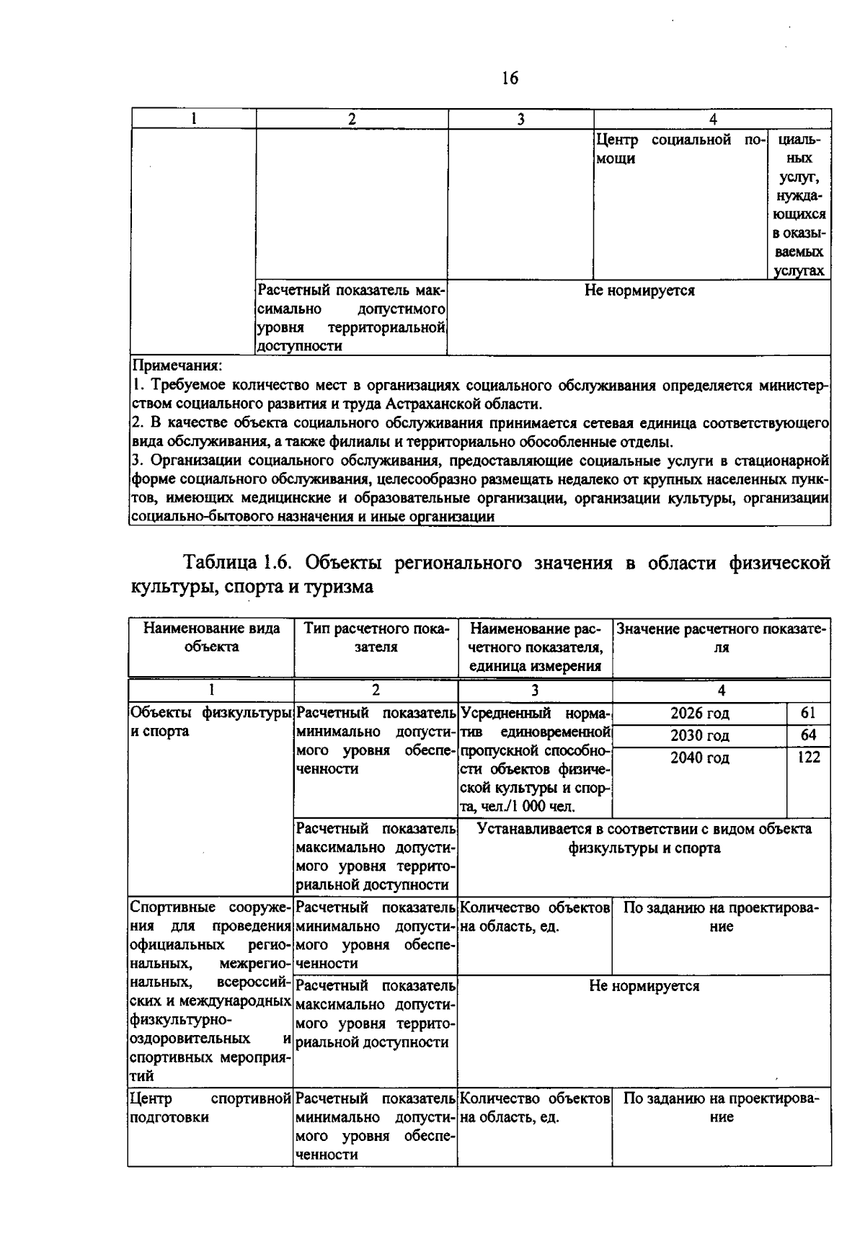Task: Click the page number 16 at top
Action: click(x=509, y=79)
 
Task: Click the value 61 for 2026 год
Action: click(x=808, y=713)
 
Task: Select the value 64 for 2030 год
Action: click(x=808, y=735)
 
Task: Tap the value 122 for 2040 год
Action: click(x=808, y=758)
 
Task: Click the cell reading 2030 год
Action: click(x=699, y=736)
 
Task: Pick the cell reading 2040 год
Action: click(x=699, y=758)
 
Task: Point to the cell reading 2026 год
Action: click(x=699, y=714)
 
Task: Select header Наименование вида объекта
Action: click(x=211, y=637)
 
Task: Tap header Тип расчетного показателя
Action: click(x=376, y=637)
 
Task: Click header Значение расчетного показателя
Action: click(x=721, y=637)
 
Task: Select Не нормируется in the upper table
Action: click(x=639, y=291)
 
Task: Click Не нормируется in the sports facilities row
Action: click(x=644, y=986)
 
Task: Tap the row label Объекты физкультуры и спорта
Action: click(x=210, y=721)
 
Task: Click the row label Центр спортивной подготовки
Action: click(x=210, y=1108)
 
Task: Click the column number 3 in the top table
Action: click(x=520, y=120)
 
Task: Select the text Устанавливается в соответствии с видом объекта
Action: click(x=644, y=829)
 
